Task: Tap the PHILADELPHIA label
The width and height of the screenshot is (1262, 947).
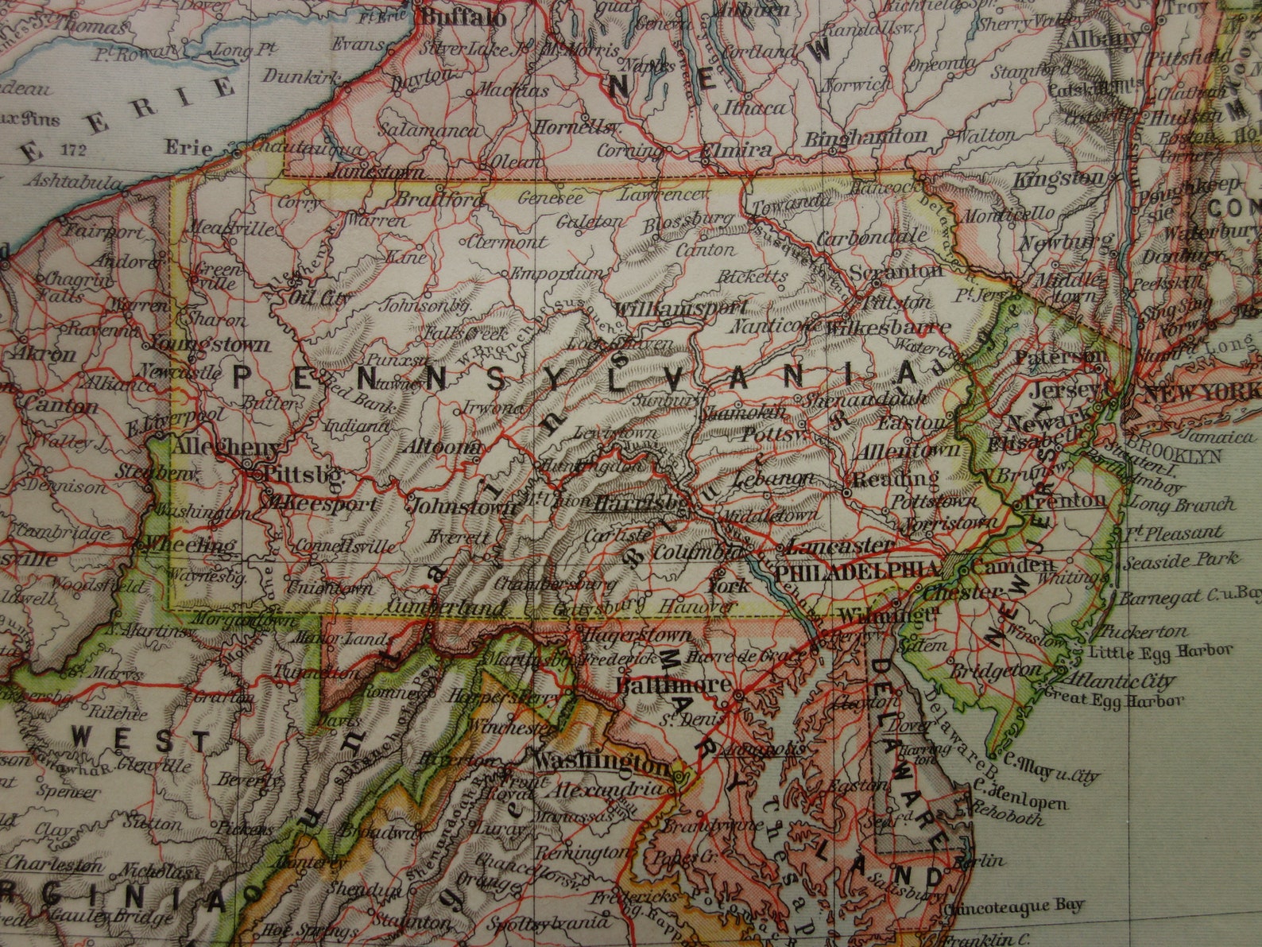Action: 855,571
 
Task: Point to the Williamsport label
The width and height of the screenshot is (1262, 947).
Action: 682,307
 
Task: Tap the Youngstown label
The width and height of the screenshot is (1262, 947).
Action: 210,345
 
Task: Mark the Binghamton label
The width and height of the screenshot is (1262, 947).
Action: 865,137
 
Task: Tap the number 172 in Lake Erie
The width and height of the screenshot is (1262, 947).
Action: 72,149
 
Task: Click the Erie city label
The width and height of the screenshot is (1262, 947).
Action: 188,148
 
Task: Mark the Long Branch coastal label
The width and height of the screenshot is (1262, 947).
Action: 1183,504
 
